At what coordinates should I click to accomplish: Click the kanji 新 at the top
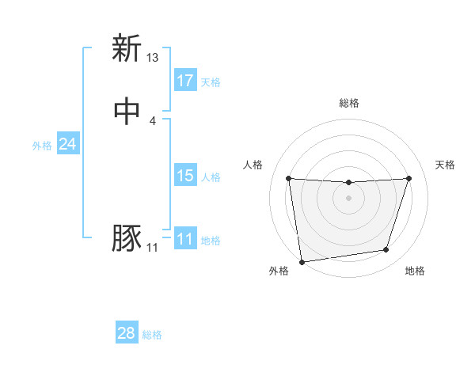pyautogui.click(x=126, y=48)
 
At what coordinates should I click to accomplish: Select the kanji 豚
pyautogui.click(x=126, y=239)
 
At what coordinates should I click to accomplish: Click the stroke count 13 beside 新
pyautogui.click(x=153, y=58)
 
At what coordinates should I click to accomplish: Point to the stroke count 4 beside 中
pyautogui.click(x=153, y=121)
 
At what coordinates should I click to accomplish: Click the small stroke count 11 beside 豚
pyautogui.click(x=153, y=248)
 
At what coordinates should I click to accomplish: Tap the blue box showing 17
pyautogui.click(x=185, y=80)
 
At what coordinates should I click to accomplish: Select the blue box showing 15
pyautogui.click(x=185, y=176)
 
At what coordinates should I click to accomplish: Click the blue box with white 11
pyautogui.click(x=185, y=239)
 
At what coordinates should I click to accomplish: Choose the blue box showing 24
pyautogui.click(x=68, y=144)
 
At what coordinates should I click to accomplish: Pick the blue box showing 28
pyautogui.click(x=127, y=333)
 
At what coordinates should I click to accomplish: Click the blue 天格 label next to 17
pyautogui.click(x=211, y=82)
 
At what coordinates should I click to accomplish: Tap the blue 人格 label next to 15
pyautogui.click(x=211, y=177)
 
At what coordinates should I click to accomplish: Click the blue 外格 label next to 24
pyautogui.click(x=42, y=146)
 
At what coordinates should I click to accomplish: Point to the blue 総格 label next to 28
pyautogui.click(x=152, y=335)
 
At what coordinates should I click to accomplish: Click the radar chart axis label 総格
pyautogui.click(x=348, y=103)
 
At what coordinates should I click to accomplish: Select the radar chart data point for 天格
pyautogui.click(x=409, y=178)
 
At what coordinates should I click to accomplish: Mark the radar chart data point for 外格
pyautogui.click(x=302, y=261)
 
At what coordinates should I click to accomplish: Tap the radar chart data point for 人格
pyautogui.click(x=288, y=178)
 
